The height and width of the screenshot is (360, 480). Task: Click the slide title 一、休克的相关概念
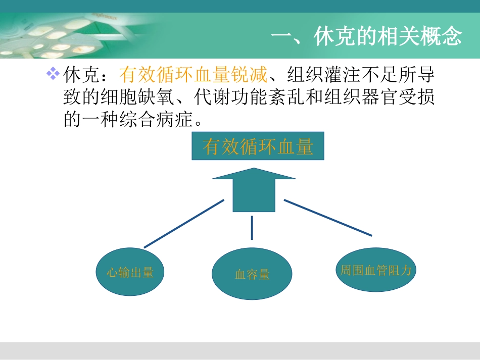pos(366,37)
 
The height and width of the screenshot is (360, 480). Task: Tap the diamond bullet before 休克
pos(53,74)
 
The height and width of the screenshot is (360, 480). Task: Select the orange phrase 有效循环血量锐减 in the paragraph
pos(193,76)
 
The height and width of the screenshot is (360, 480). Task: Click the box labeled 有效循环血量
pos(258,146)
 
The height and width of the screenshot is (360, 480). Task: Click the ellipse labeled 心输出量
pos(130,272)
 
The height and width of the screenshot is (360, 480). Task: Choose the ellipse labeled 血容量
pos(252,274)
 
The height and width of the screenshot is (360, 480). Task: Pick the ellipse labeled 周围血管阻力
pos(373,270)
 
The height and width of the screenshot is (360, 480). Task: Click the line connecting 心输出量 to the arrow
pos(184,223)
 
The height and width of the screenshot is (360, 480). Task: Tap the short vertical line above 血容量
pos(252,228)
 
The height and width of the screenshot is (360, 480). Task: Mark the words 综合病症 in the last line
pos(157,120)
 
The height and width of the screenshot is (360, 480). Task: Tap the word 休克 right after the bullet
pos(80,76)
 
